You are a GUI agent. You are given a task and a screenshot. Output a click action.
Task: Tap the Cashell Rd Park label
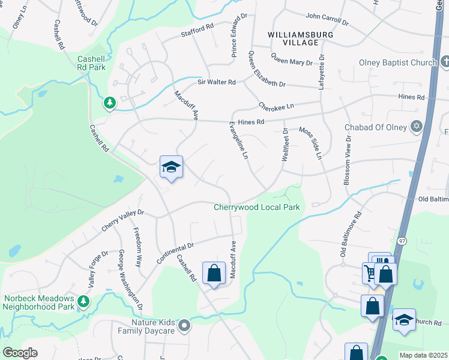pyautogui.click(x=91, y=63)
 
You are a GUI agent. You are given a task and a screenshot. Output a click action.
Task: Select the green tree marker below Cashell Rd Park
pyautogui.click(x=109, y=103)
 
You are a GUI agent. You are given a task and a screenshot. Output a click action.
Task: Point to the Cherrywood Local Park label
pyautogui.click(x=257, y=207)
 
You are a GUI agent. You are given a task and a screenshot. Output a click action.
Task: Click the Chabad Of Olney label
pyautogui.click(x=376, y=127)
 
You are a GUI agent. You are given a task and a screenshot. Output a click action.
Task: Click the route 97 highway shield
pyautogui.click(x=401, y=240)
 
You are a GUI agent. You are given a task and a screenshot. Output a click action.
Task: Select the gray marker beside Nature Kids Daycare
pyautogui.click(x=184, y=326)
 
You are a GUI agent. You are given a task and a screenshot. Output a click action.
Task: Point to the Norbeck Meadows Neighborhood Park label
pyautogui.click(x=38, y=302)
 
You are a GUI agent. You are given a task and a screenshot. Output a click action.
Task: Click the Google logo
pyautogui.click(x=20, y=353)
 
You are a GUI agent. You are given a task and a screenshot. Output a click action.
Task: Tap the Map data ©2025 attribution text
pyautogui.click(x=423, y=355)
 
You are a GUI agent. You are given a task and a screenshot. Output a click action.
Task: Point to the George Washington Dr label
pyautogui.click(x=130, y=280)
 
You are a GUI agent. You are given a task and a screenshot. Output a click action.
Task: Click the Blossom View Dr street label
pyautogui.click(x=347, y=163)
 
